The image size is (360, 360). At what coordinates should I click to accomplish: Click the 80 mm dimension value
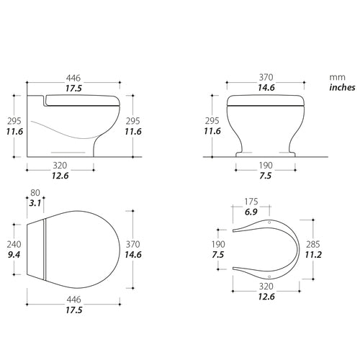(36, 192)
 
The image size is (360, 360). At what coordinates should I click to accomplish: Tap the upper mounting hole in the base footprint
(269, 223)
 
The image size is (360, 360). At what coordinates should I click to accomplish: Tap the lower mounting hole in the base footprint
(269, 274)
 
